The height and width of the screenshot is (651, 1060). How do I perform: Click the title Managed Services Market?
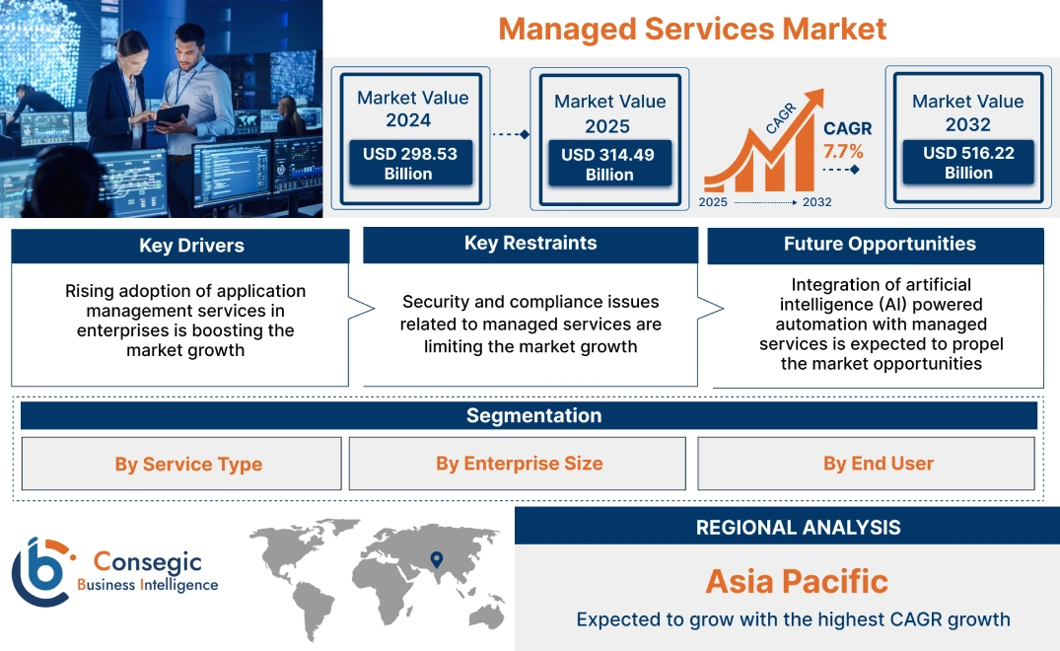pos(692,29)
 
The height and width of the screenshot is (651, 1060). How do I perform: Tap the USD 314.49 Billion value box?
pos(609,165)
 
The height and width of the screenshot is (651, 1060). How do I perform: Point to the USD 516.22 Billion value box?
pos(968,163)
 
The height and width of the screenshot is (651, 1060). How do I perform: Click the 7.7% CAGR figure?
pos(843,151)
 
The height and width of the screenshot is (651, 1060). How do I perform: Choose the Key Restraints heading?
pos(530,244)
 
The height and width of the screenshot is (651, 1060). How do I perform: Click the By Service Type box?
pos(188,464)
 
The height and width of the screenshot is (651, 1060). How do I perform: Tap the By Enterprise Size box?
pos(519,464)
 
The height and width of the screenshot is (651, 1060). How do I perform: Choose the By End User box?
pos(878,464)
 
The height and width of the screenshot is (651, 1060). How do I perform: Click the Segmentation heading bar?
pos(532,415)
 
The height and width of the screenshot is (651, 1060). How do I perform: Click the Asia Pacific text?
pos(797,581)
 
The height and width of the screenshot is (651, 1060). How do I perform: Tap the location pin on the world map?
pos(436,561)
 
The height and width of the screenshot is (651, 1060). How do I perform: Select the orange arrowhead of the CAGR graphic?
pos(813,100)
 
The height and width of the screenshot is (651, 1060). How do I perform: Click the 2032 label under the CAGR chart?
pos(816,202)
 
